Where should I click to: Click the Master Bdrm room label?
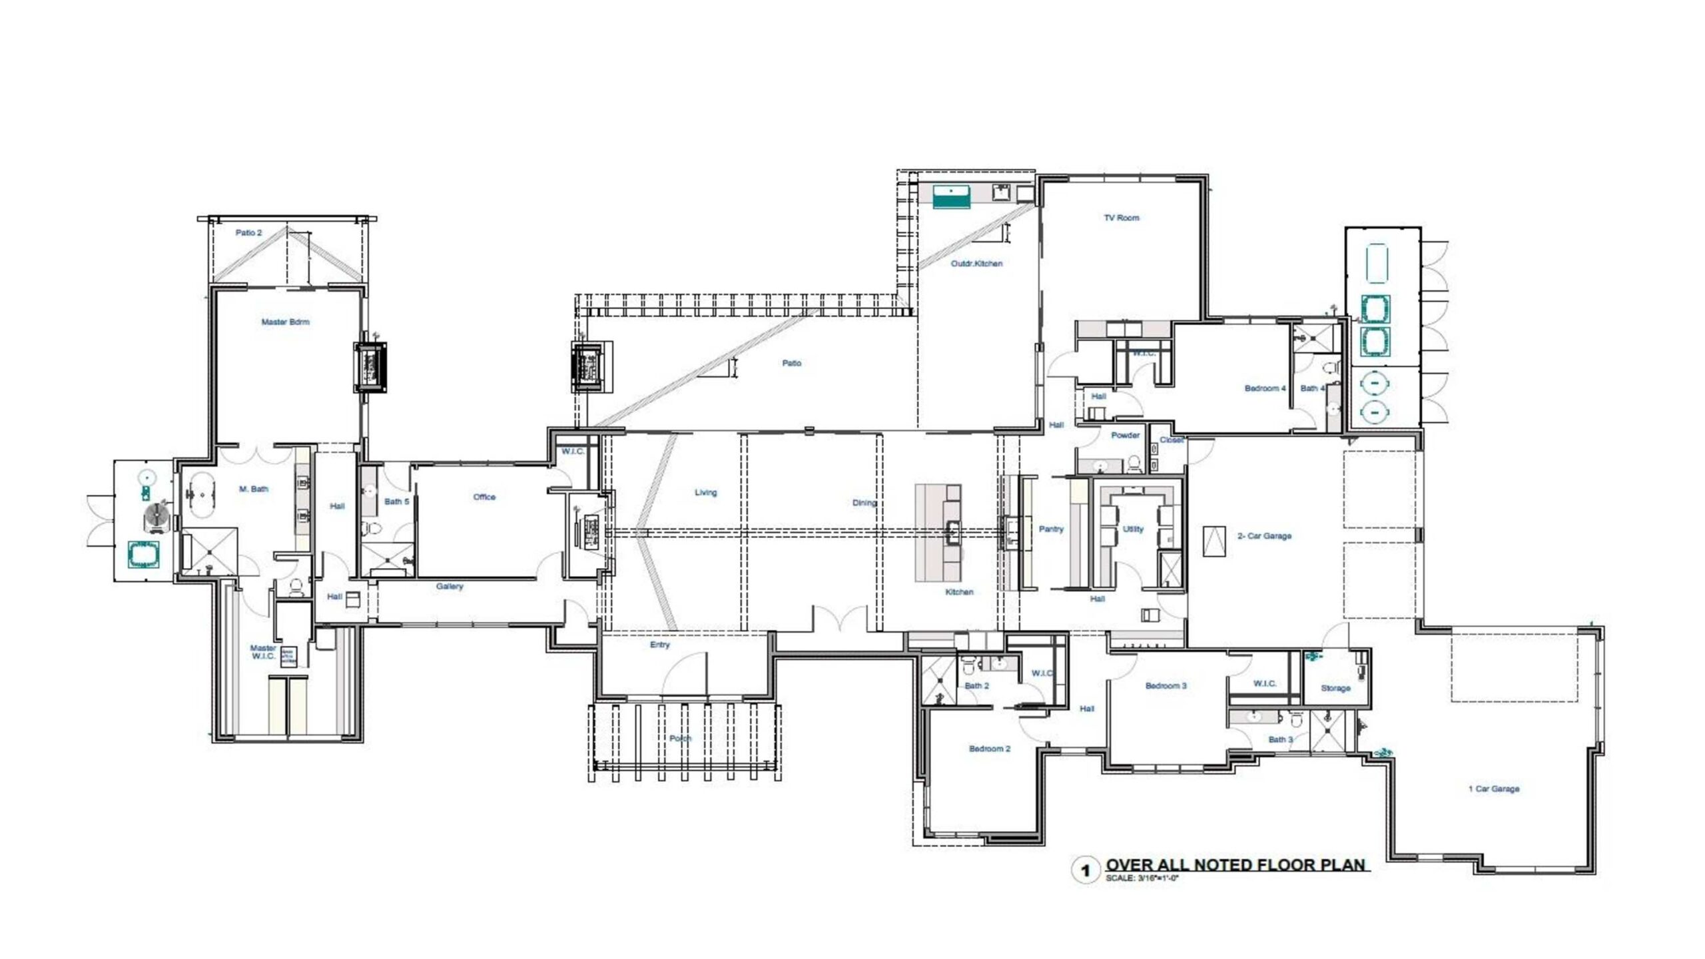(x=285, y=322)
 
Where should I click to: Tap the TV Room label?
(x=1122, y=218)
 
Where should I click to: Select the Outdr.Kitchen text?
(x=976, y=264)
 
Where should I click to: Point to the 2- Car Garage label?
(x=1264, y=536)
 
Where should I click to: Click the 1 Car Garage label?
(x=1494, y=789)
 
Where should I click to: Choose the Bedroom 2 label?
(x=989, y=749)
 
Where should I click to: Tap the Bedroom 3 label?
(x=1166, y=686)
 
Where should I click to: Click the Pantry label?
(x=1051, y=529)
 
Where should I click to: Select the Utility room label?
(x=1133, y=529)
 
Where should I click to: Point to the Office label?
(x=484, y=497)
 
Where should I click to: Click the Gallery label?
(x=450, y=587)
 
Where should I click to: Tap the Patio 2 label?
(x=248, y=233)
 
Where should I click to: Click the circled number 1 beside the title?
(x=1086, y=870)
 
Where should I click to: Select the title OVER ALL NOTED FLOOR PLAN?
(x=1235, y=865)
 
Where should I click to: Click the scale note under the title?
(x=1142, y=879)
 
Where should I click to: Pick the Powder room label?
(x=1125, y=436)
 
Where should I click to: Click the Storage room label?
(x=1335, y=689)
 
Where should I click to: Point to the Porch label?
(x=680, y=739)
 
